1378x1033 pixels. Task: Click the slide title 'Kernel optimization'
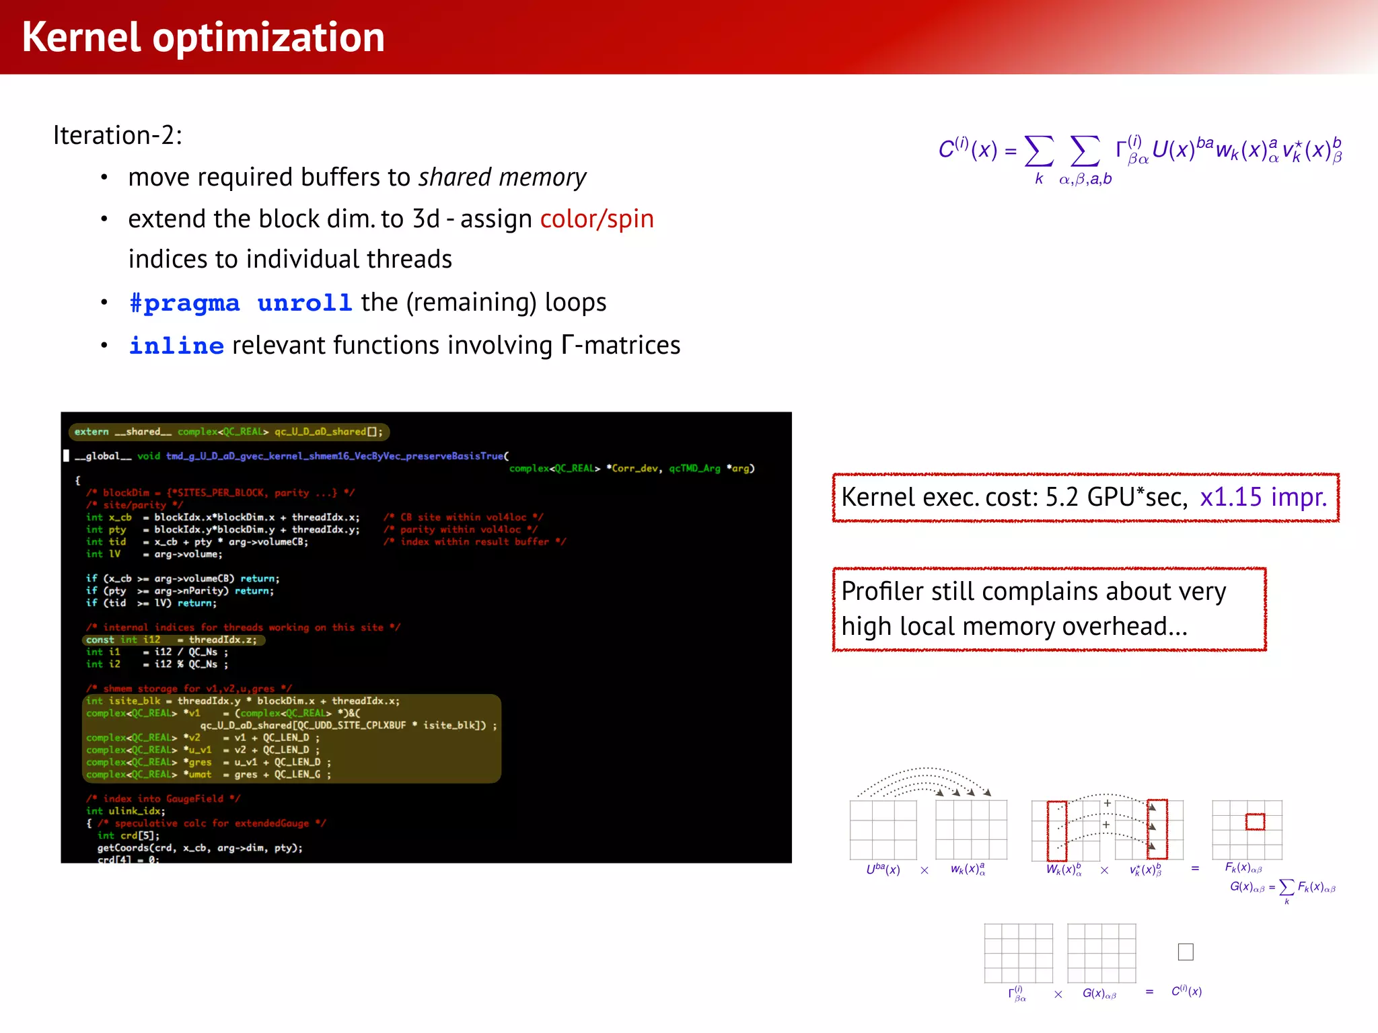point(203,37)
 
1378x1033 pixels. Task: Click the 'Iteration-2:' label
point(118,135)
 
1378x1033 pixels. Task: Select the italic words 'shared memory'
point(502,178)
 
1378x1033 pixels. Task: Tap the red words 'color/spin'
point(597,219)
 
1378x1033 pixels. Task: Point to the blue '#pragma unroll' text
point(240,303)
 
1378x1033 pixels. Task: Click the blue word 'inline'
point(176,346)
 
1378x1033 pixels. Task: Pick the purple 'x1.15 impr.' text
point(1263,497)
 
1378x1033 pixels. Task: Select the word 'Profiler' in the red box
point(882,591)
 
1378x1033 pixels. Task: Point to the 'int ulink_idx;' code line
point(126,811)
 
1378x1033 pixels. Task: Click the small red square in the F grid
point(1255,821)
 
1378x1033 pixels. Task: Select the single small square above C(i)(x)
point(1186,952)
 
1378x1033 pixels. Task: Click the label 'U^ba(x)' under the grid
point(883,870)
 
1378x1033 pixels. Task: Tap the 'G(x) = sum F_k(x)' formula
point(1282,888)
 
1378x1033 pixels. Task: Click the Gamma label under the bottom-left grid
point(1017,994)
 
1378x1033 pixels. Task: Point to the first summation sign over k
point(1039,152)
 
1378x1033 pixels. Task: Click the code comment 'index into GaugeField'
point(163,799)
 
